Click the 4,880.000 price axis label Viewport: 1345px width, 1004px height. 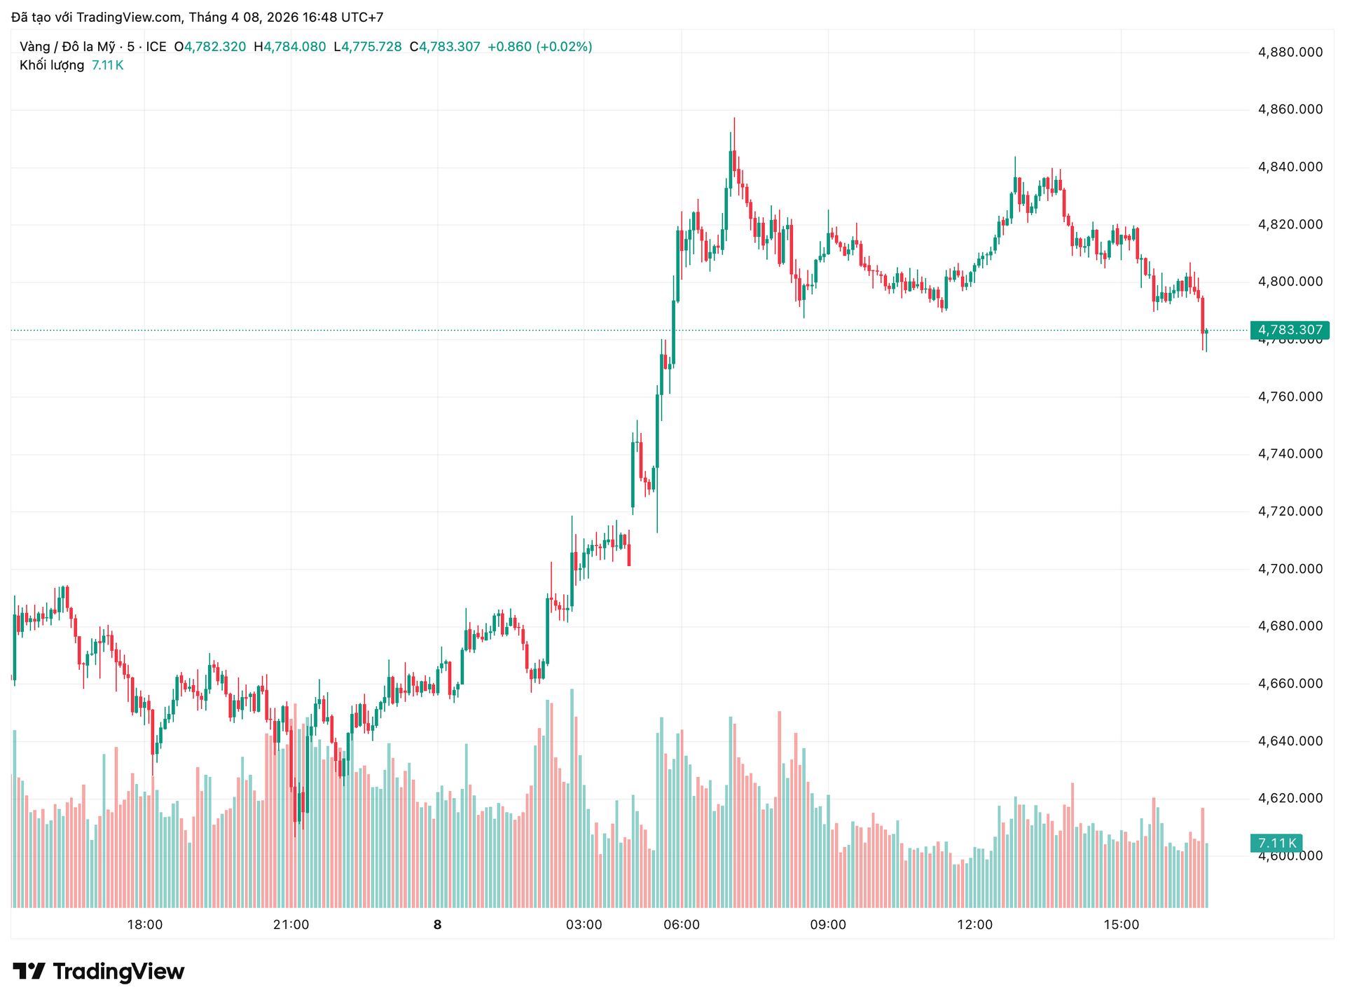click(1290, 52)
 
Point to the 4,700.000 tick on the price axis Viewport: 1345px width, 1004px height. click(1290, 568)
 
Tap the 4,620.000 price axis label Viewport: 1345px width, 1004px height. click(1290, 798)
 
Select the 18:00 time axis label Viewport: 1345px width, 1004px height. click(145, 925)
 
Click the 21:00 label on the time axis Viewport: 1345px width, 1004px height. click(291, 925)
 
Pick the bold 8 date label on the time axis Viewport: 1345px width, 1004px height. click(438, 925)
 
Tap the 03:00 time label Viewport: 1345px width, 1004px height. click(584, 925)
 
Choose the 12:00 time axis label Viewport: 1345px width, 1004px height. click(974, 925)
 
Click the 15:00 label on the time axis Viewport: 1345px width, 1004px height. click(1121, 925)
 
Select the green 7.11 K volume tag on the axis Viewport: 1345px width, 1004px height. click(1276, 843)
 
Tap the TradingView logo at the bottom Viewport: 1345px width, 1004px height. click(99, 972)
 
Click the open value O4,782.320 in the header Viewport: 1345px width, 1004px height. click(210, 47)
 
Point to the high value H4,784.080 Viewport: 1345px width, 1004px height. click(290, 47)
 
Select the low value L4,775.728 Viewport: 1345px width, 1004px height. click(368, 47)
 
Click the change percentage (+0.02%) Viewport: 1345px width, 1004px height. click(564, 47)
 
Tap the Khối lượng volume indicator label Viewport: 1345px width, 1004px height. click(52, 65)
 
